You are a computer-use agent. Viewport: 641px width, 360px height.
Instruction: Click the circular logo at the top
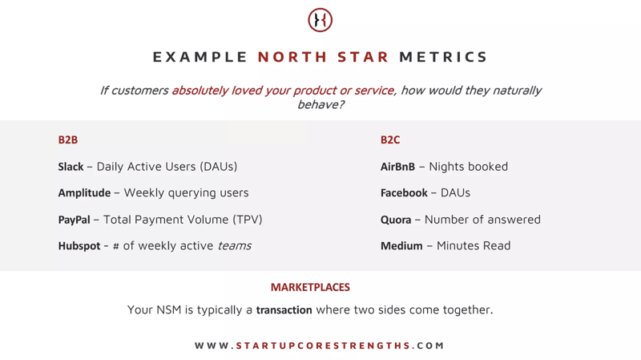tap(320, 20)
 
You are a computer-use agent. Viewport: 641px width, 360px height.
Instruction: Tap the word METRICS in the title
tap(443, 57)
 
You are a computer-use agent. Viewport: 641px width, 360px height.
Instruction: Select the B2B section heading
tap(68, 140)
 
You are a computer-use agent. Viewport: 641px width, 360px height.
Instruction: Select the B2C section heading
tap(390, 140)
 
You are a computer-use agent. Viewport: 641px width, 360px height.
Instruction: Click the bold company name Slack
tap(71, 167)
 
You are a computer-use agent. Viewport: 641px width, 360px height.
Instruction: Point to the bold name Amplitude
tap(84, 193)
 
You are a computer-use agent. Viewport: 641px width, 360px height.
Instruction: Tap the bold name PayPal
tap(74, 220)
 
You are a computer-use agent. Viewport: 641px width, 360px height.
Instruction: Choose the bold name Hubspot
tap(79, 246)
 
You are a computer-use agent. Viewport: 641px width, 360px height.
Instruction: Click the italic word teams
tap(234, 246)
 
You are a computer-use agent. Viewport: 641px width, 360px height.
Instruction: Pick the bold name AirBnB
tap(397, 167)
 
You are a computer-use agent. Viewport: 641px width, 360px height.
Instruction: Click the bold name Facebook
tap(404, 193)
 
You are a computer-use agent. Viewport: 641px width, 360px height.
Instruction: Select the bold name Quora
tap(396, 220)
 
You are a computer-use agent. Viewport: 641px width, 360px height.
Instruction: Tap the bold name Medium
tap(401, 246)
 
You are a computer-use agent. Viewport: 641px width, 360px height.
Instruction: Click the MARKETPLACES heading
tap(310, 287)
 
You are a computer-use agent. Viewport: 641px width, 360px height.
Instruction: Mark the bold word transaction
tap(284, 310)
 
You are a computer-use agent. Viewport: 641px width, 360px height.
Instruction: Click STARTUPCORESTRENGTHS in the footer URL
tap(324, 346)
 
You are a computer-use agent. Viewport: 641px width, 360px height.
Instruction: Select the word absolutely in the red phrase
tap(200, 91)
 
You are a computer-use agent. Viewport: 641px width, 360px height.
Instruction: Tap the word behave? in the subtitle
tap(320, 105)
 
